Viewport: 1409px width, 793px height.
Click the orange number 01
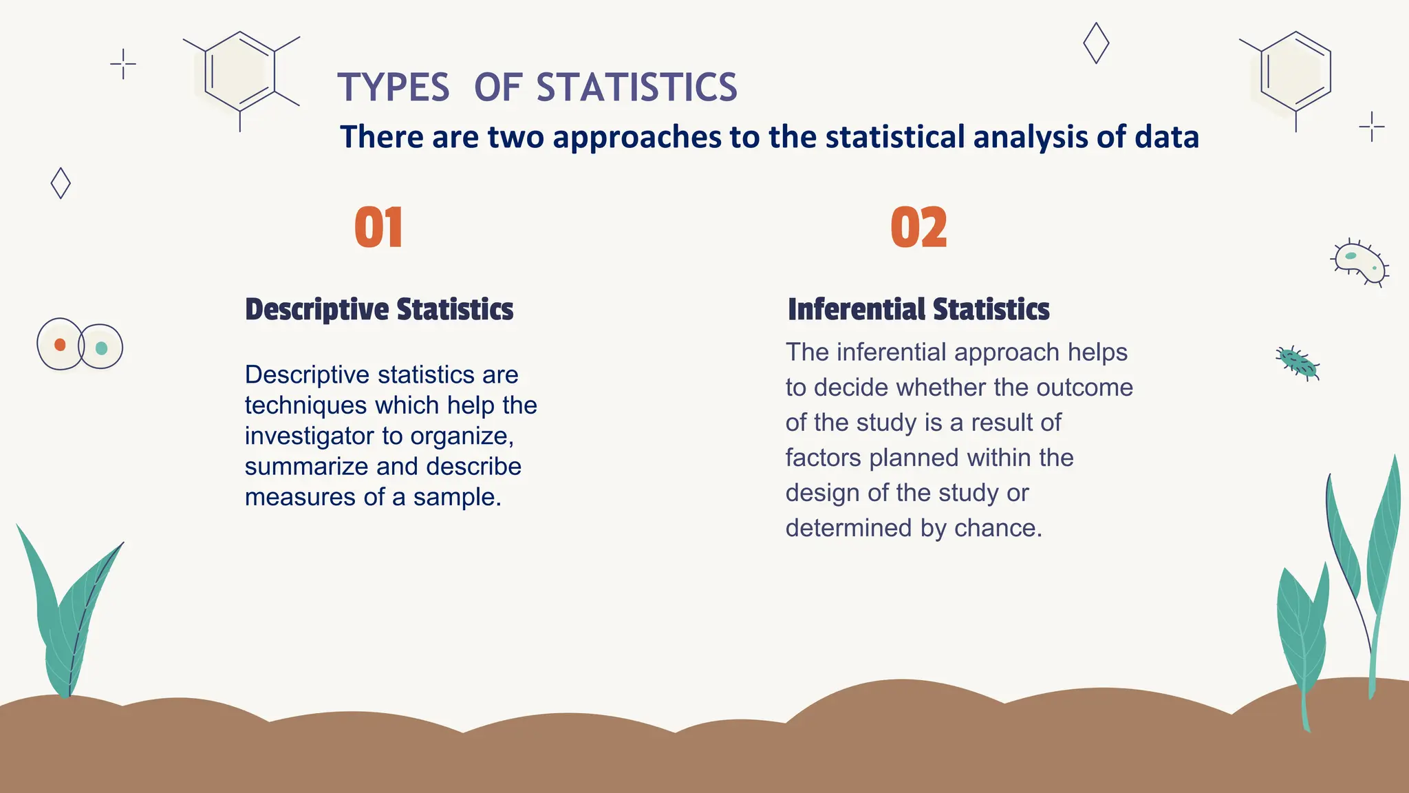coord(378,228)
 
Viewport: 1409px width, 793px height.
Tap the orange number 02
coord(918,228)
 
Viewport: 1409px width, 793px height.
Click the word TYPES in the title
coord(394,87)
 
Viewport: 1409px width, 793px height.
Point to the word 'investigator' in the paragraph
coord(309,436)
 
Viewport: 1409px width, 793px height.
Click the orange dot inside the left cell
coord(60,345)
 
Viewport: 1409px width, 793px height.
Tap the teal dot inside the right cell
coord(101,348)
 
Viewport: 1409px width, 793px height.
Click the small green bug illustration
coord(1298,363)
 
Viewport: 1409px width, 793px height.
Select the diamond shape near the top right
coord(1095,43)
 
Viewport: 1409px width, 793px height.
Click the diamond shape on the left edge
coord(61,183)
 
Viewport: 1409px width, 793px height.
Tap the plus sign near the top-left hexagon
coord(123,64)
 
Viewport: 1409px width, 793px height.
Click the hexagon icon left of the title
coord(240,72)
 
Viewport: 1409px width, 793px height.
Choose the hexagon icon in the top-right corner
coord(1295,72)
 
